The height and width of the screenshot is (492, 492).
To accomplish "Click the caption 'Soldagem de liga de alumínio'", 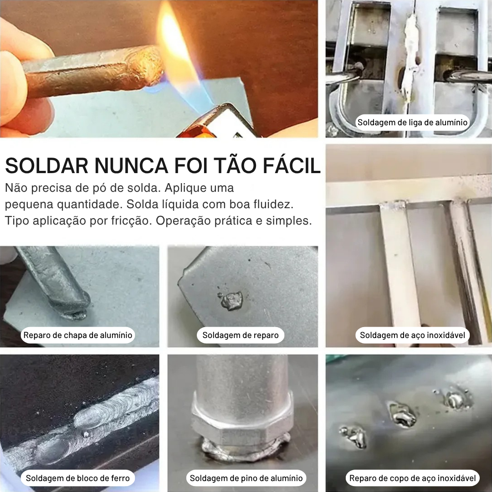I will coord(412,123).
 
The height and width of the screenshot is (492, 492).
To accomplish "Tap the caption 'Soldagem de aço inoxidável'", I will coord(412,336).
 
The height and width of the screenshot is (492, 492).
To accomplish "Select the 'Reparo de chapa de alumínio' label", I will coord(78,336).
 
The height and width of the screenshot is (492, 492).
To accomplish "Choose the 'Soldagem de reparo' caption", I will coord(241,336).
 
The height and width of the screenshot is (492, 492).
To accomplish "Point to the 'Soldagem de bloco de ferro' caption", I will coord(78,478).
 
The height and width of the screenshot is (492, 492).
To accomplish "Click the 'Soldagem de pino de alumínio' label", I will coord(246,478).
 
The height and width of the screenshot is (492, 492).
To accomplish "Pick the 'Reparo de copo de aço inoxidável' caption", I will coord(412,478).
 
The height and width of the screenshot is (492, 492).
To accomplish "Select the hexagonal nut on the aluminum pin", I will coord(241,423).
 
